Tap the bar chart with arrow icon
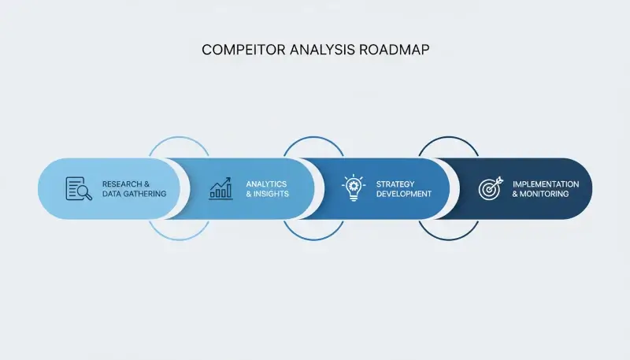click(220, 188)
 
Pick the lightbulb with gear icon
click(354, 188)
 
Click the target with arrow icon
click(490, 188)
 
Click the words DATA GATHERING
click(135, 194)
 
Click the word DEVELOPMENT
click(404, 194)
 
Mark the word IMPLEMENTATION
click(546, 184)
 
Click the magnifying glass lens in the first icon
click(83, 191)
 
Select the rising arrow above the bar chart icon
click(222, 182)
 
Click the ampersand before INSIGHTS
click(249, 194)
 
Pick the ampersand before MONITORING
click(515, 194)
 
